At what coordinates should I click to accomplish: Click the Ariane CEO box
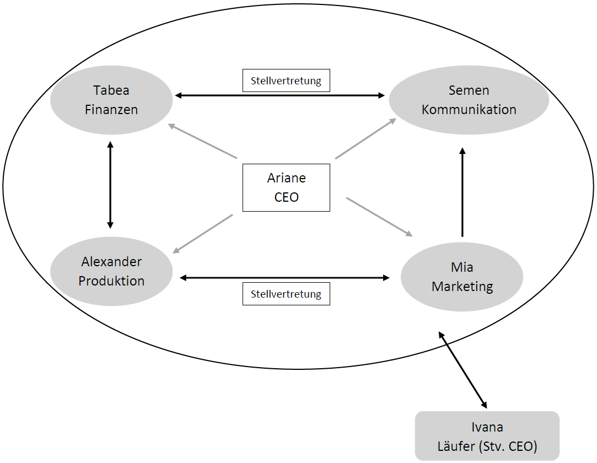tap(286, 187)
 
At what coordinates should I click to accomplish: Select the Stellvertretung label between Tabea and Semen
tap(286, 80)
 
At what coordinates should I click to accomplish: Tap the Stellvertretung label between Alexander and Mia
tap(286, 294)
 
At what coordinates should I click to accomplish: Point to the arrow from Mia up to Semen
tap(462, 193)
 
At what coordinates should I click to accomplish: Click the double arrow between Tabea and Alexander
tap(110, 185)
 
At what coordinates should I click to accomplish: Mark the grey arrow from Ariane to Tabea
tap(203, 142)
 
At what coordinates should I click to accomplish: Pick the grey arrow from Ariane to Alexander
tap(203, 234)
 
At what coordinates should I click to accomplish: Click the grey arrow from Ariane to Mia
tap(379, 217)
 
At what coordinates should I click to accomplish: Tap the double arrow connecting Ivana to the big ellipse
tap(462, 369)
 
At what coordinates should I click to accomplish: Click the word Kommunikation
tap(469, 109)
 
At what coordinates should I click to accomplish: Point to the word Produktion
tap(111, 281)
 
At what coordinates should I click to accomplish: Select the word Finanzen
tap(111, 109)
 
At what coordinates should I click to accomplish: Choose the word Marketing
tap(462, 287)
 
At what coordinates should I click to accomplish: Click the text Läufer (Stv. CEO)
tap(487, 446)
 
